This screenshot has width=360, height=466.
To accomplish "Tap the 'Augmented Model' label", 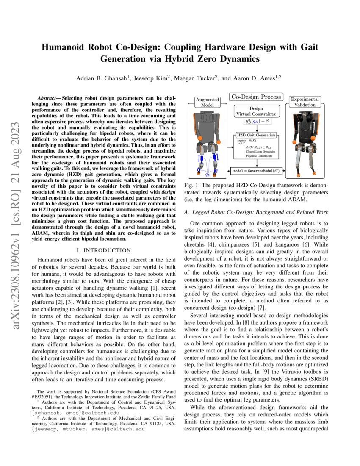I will (x=208, y=102).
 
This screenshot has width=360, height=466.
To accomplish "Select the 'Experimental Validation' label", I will (x=305, y=102).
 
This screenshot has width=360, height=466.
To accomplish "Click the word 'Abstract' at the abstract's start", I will (x=49, y=98).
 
